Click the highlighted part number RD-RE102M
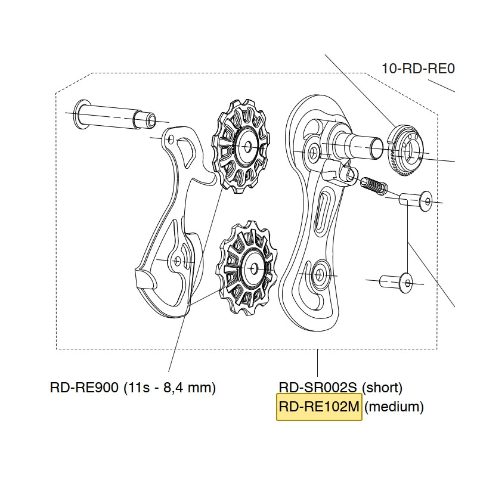pyautogui.click(x=319, y=407)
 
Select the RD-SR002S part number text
pyautogui.click(x=318, y=388)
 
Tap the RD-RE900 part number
pyautogui.click(x=84, y=388)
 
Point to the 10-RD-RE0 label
pyautogui.click(x=419, y=69)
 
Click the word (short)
pyautogui.click(x=382, y=388)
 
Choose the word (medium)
pyautogui.click(x=394, y=407)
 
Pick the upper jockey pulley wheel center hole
pyautogui.click(x=248, y=147)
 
